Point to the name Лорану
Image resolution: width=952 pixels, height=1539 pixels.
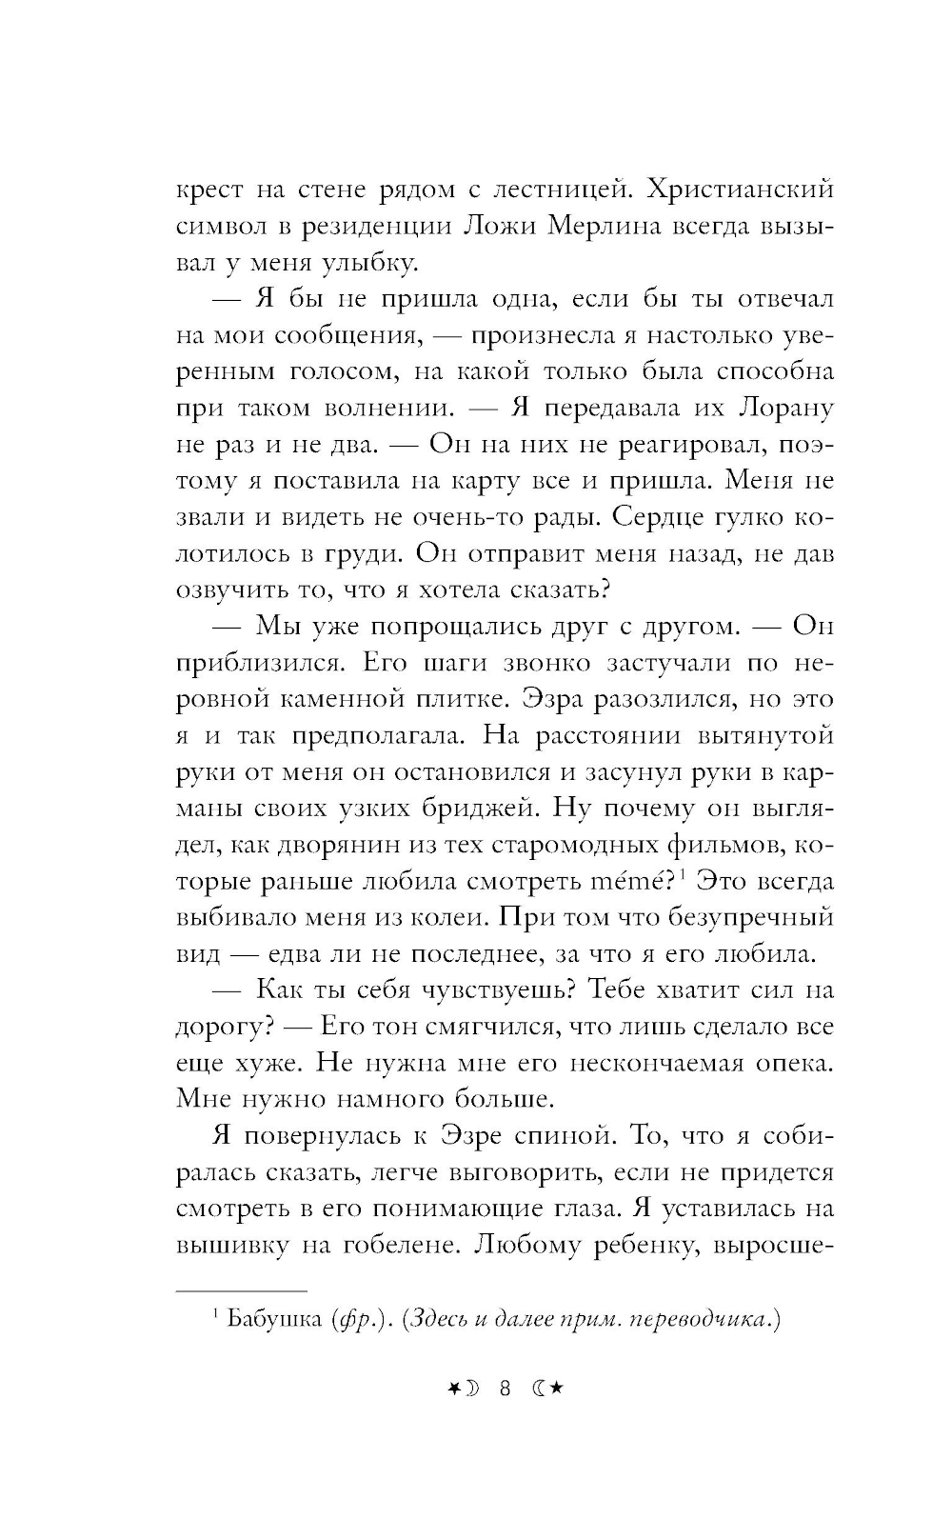[x=785, y=408]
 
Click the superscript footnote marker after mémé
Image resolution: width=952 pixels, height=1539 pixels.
[x=684, y=874]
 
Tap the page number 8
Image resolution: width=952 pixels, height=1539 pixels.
[x=505, y=1389]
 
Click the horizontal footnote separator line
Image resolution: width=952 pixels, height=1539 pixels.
[x=242, y=1291]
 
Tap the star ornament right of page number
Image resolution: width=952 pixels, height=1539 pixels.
[x=557, y=1389]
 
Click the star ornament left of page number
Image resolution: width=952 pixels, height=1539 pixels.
[x=453, y=1389]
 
